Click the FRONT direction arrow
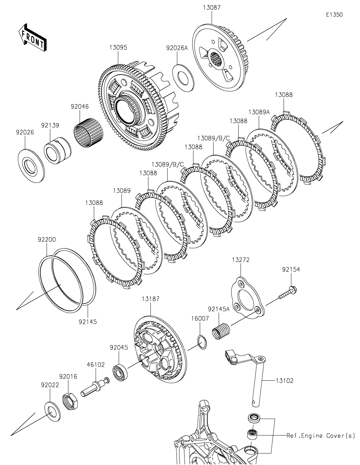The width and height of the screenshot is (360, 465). coord(32,37)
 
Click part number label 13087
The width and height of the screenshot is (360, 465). coord(212,7)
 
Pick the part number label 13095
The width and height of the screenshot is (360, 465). coord(118,48)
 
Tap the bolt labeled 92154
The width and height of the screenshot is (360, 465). coord(289,292)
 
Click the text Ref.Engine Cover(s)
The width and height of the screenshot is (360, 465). coord(321,436)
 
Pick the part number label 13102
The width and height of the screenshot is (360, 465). coord(284,381)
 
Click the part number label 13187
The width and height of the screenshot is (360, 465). coord(150,299)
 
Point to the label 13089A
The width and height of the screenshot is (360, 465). coord(259,112)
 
